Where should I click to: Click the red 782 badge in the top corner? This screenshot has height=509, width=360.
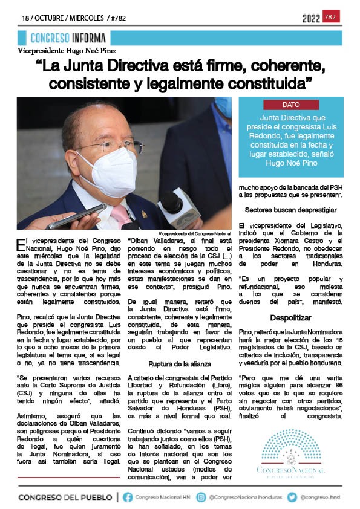coord(331,16)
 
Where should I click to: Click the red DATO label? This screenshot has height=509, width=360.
coord(291,105)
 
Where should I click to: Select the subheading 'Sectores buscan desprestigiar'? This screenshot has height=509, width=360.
coord(291,210)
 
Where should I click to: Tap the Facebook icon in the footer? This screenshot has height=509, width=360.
coord(128,497)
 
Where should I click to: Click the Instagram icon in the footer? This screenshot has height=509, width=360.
coord(203,497)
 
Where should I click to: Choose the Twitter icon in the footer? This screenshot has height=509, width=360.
coord(292,497)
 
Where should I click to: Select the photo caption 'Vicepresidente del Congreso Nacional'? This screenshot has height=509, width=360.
coord(195,233)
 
